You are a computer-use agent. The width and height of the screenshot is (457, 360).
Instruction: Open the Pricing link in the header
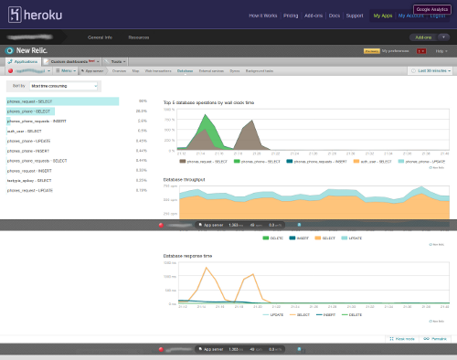291,16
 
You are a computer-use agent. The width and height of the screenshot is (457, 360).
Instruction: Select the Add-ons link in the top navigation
314,16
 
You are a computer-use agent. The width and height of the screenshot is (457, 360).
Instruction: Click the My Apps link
383,16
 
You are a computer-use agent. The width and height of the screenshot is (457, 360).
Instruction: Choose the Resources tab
139,37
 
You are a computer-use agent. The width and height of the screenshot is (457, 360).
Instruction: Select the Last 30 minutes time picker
430,70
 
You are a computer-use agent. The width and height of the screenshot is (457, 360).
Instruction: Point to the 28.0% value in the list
142,111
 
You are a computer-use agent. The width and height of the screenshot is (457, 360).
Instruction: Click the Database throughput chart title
185,179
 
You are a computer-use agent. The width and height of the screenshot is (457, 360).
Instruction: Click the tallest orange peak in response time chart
207,268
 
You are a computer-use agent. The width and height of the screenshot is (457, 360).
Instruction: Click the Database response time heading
189,257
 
